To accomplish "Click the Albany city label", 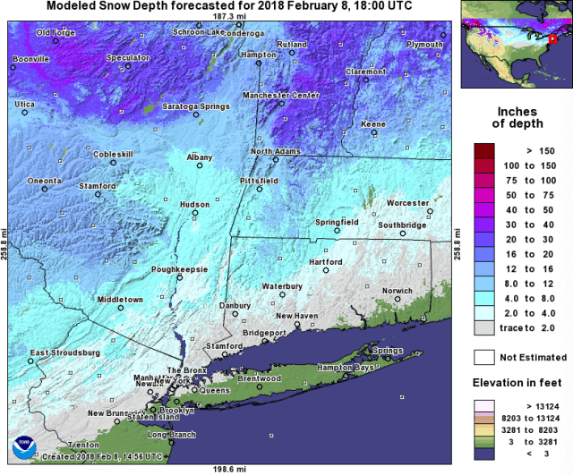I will coord(199,157).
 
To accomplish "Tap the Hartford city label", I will coord(325,262).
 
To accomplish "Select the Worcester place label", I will coord(408,203).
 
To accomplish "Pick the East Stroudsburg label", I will coord(64,352).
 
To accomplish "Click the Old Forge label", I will coord(56,33).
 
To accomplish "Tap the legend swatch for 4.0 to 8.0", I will coord(484,296).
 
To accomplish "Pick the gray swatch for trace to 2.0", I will coord(484,328).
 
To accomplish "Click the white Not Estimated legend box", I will coord(484,357).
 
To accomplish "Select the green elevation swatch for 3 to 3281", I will coord(484,440).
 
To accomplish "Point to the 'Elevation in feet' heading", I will coord(517,382).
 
